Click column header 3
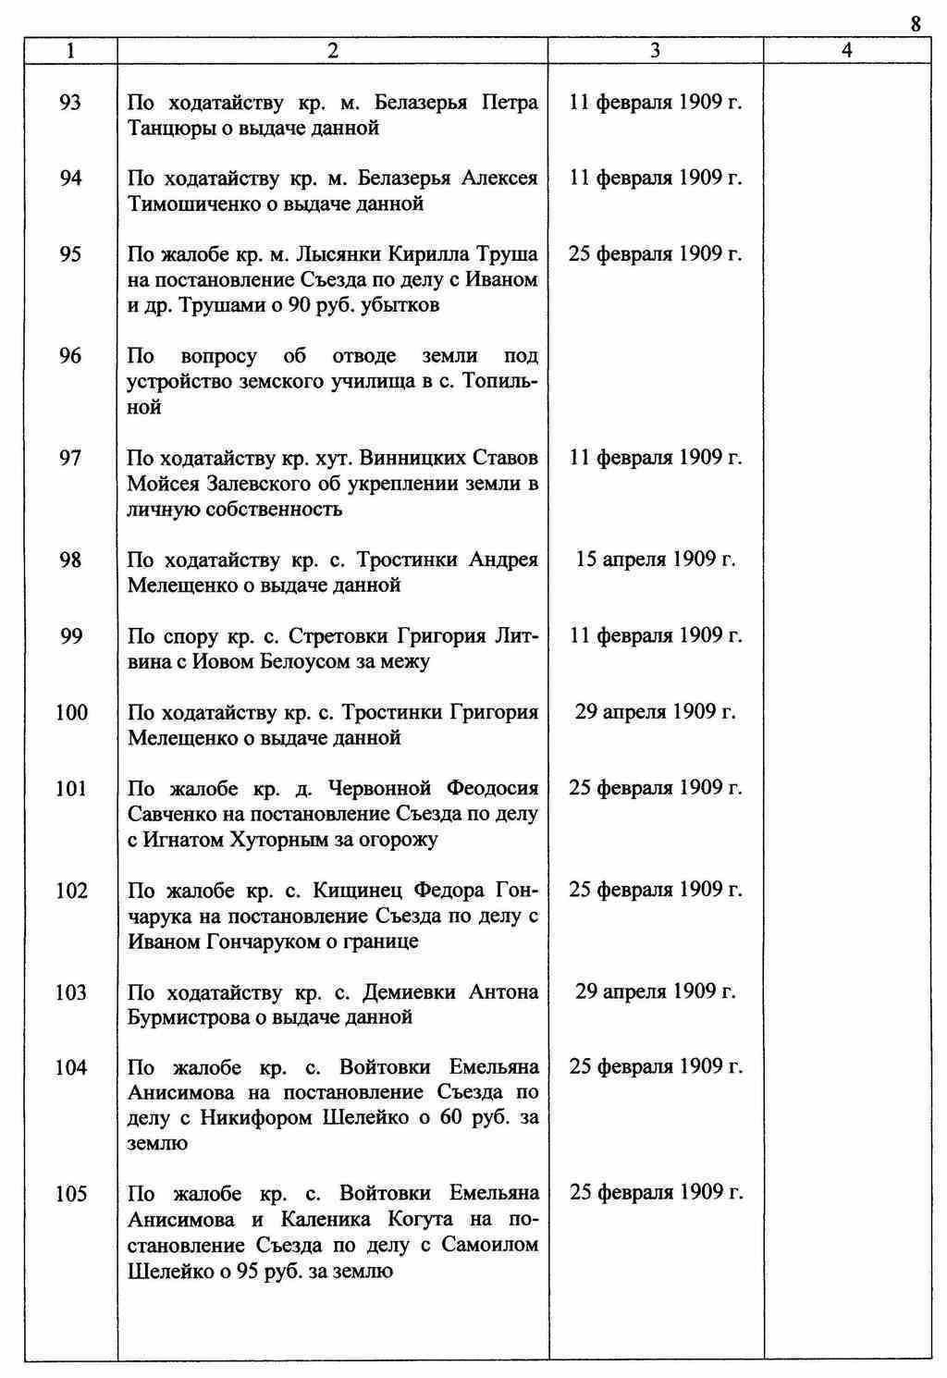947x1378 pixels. (655, 52)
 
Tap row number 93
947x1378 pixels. (70, 103)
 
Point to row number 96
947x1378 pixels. (70, 356)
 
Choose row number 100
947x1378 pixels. (71, 712)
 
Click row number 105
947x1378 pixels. (71, 1194)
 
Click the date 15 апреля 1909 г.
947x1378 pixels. (656, 560)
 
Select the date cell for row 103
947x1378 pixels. (656, 991)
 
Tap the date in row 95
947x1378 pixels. (656, 254)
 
